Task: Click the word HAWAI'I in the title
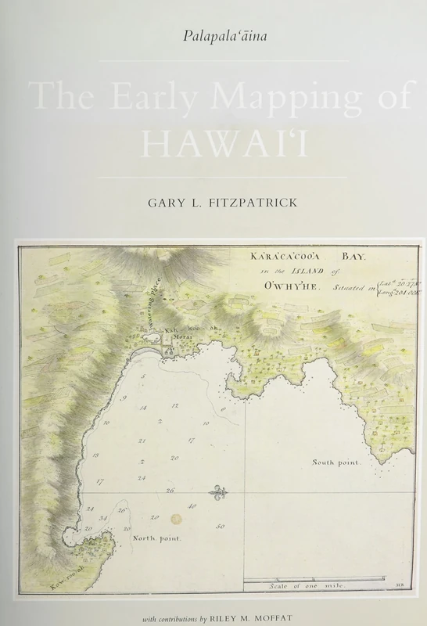[x=213, y=144]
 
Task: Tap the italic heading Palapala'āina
[x=213, y=35]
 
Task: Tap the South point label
[x=336, y=462]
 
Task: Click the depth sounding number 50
[x=221, y=527]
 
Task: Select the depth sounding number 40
[x=192, y=507]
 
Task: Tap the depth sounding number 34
[x=102, y=518]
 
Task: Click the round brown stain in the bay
[x=176, y=519]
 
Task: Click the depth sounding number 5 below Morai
[x=142, y=376]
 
